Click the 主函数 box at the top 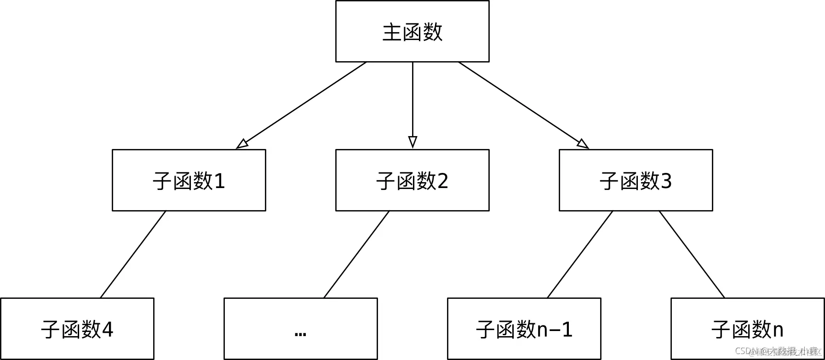tap(412, 31)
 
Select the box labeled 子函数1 tap(189, 180)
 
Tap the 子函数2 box tap(412, 180)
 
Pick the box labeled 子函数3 tap(636, 180)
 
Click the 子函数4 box tap(77, 329)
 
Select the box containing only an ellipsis tap(300, 329)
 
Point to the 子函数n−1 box tap(524, 329)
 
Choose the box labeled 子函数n tap(747, 329)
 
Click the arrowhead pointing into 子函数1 tap(242, 144)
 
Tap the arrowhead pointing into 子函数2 tap(412, 142)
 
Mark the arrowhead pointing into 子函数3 tap(583, 144)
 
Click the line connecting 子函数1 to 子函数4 tap(133, 254)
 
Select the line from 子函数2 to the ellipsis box tap(356, 254)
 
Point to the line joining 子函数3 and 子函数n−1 tap(580, 254)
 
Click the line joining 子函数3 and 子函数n tap(692, 254)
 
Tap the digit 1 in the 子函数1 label tap(219, 181)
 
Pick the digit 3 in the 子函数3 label tap(666, 181)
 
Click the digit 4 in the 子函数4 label tap(107, 330)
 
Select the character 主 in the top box tap(392, 32)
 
